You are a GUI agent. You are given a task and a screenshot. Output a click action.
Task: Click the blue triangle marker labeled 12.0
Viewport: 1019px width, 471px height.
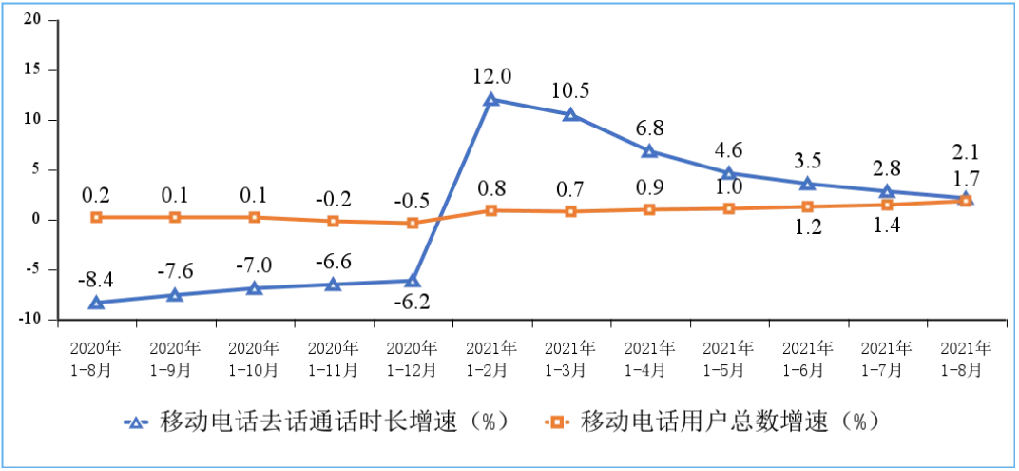491,99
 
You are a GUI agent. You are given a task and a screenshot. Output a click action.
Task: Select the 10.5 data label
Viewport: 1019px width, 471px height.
570,90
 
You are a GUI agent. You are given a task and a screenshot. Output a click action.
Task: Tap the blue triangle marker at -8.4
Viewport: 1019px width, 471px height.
96,303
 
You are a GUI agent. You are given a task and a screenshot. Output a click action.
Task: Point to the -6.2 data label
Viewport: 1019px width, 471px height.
412,302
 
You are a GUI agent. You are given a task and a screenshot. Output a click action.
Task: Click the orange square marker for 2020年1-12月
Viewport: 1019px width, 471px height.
413,223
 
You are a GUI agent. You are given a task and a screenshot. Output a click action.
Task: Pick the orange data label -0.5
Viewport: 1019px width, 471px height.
412,201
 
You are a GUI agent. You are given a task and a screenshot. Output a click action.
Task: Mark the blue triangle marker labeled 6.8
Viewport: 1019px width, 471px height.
649,151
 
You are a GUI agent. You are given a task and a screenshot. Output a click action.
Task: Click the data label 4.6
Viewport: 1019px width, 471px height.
728,149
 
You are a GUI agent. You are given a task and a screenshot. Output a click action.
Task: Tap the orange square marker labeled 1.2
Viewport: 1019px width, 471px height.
808,206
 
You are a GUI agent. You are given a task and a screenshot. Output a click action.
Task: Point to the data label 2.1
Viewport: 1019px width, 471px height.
966,151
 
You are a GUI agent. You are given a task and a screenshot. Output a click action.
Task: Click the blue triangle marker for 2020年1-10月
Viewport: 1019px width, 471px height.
254,287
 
